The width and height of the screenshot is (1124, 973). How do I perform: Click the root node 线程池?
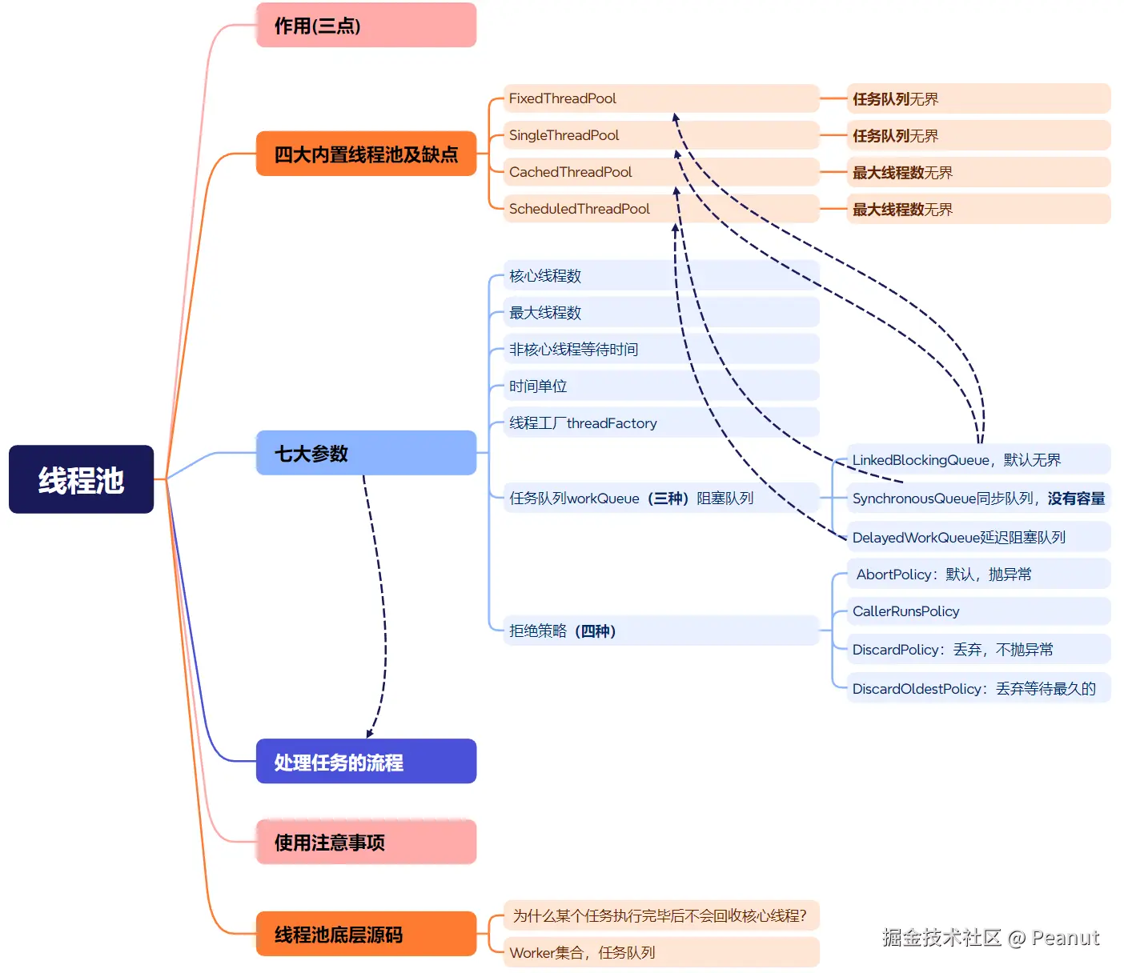(81, 479)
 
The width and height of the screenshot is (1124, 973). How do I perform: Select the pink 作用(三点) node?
(366, 26)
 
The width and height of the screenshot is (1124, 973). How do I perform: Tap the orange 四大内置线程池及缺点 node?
(366, 154)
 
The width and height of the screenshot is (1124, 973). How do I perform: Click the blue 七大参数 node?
(366, 453)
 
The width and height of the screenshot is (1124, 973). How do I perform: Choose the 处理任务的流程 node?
(366, 761)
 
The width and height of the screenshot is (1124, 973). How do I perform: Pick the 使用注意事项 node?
(366, 842)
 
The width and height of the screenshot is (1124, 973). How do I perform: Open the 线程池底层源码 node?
(366, 934)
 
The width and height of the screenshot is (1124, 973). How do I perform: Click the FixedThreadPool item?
(563, 98)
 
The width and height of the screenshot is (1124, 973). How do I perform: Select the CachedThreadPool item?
(571, 172)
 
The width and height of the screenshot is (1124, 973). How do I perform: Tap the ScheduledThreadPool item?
(580, 209)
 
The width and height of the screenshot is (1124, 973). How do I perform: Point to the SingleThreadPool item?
(564, 135)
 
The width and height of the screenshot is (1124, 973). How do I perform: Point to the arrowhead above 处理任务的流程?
(370, 733)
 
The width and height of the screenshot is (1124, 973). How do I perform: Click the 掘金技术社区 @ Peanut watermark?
(990, 937)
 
